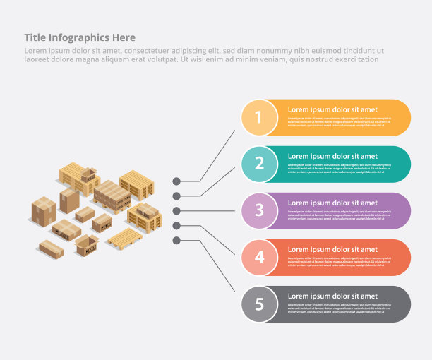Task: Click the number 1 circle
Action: click(x=258, y=118)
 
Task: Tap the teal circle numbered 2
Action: click(x=259, y=164)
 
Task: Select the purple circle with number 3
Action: click(x=259, y=210)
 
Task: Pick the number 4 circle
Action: click(x=259, y=257)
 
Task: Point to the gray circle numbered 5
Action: click(x=259, y=304)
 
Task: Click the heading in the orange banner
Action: click(x=332, y=109)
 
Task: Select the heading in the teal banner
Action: click(x=332, y=156)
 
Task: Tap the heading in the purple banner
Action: click(x=332, y=203)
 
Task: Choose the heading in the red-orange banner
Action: click(x=332, y=249)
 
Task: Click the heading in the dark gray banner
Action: click(x=332, y=296)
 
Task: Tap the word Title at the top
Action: click(x=35, y=37)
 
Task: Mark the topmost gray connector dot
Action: click(x=176, y=181)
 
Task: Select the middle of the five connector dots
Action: click(x=176, y=210)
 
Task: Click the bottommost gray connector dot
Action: click(x=176, y=241)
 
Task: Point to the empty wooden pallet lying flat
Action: click(x=126, y=237)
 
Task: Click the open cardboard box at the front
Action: click(x=87, y=245)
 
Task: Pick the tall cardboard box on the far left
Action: click(x=44, y=211)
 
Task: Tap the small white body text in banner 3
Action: click(x=339, y=215)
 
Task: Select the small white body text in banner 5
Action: click(x=339, y=308)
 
